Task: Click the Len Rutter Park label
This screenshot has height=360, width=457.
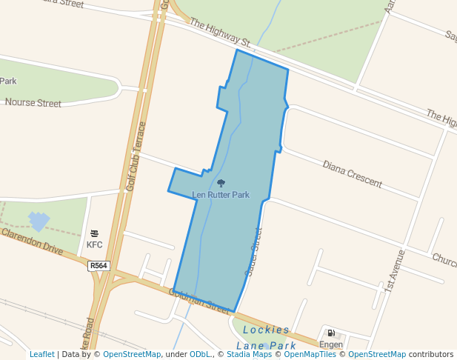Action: point(221,195)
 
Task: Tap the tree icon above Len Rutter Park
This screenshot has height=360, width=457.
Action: point(221,183)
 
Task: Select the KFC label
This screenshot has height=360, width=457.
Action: point(94,244)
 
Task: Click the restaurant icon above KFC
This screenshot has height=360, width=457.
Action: point(94,233)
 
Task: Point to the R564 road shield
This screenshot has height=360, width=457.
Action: point(98,266)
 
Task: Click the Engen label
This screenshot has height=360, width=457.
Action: point(331,344)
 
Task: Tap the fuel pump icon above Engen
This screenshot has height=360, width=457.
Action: point(331,333)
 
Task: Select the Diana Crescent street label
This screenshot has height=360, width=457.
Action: point(352,173)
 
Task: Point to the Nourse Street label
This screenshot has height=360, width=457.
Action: point(33,104)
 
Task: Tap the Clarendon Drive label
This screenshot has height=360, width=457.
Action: point(32,241)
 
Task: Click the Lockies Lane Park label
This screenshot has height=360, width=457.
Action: point(266,338)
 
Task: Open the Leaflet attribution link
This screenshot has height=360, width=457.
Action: point(41,355)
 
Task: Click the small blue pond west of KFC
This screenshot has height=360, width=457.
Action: point(39,221)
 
